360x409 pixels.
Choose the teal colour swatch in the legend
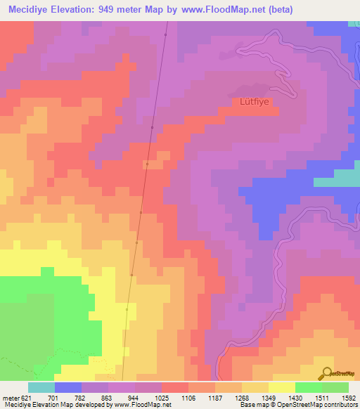tap(41, 387)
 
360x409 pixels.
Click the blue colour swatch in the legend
tap(67, 387)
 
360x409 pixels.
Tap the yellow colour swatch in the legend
tap(281, 387)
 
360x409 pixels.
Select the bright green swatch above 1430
tap(308, 387)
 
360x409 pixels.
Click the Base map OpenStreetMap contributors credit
tap(298, 405)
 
